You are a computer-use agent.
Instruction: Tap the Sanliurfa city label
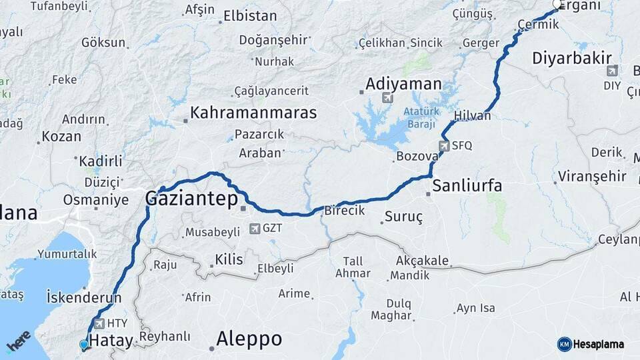coord(467,185)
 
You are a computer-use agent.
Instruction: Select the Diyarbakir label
coord(572,58)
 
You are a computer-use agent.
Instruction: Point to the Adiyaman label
coord(403,84)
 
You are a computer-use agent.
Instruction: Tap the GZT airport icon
coord(254,229)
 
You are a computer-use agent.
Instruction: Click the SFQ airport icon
coord(444,145)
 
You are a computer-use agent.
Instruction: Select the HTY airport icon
coord(99,323)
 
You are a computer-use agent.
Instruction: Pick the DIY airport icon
coord(612,71)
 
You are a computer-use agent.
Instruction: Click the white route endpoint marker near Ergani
coord(557,5)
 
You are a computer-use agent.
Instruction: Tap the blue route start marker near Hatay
coord(83,344)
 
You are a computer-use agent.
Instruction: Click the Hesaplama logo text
coord(599,344)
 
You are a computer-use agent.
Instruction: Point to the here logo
coord(18,341)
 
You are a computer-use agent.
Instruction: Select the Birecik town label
coord(345,211)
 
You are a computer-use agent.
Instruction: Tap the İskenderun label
coord(84,298)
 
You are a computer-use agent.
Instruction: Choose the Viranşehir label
coord(593,177)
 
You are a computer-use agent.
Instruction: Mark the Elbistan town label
coord(250,16)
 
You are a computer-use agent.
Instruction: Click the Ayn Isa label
coord(475,308)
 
